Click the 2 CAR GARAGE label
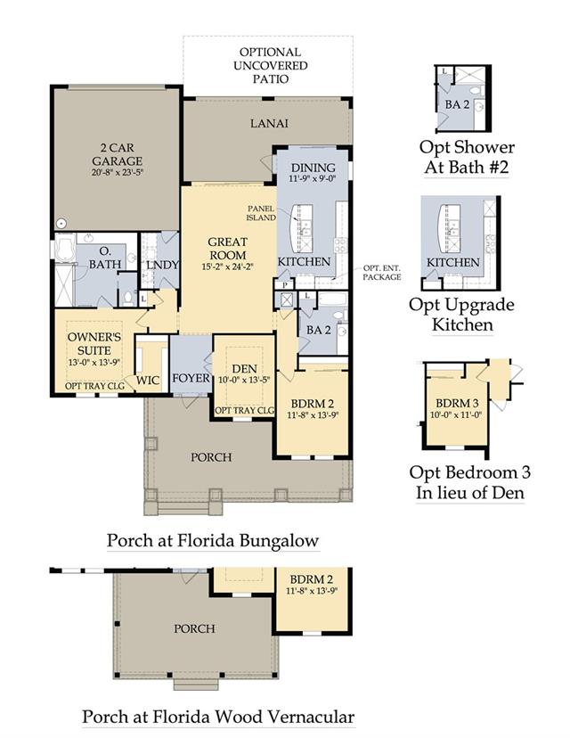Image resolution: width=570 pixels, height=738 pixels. coord(117,154)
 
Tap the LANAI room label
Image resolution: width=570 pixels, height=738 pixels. coord(270,123)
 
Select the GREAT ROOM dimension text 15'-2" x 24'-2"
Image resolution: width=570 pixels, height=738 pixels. coord(228,266)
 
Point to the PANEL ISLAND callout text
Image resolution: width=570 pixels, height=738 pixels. coord(262,213)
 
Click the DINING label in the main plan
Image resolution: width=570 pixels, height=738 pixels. coord(313,168)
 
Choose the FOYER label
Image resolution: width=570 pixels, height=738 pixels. coord(191,378)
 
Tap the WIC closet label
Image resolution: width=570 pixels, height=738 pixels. coord(148,381)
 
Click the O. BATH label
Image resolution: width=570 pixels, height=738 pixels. coord(105,258)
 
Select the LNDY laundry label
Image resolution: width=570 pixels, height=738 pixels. coord(162,265)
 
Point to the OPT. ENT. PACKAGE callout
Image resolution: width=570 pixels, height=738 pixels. coord(382,273)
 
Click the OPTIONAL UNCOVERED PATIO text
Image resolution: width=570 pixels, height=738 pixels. coord(271,65)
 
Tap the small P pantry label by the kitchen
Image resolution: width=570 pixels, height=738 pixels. coord(284,285)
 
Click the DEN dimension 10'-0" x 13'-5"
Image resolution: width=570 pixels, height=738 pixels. coord(244,380)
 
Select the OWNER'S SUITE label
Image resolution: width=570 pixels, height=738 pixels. coord(94,343)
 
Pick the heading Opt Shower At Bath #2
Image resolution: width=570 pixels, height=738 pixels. coord(467,157)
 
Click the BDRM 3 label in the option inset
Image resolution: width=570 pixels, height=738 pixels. coord(457,404)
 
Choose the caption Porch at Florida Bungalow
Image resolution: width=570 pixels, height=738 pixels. coord(213,540)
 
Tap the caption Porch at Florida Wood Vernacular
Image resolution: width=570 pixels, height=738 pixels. coord(218,717)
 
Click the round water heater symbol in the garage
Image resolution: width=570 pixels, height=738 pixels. coord(61,223)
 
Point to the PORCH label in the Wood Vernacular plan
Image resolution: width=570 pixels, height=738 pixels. coord(194,628)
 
